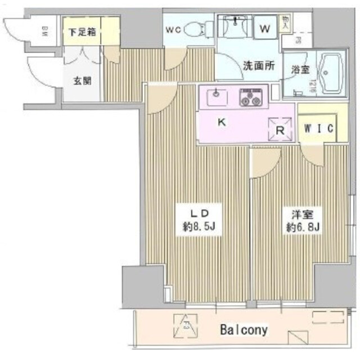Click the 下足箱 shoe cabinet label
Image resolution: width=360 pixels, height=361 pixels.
coord(82,32)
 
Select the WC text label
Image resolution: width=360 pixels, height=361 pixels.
coord(173,30)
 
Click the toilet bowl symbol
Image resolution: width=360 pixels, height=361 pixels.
coord(197,29)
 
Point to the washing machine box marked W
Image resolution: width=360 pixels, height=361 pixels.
coord(264,26)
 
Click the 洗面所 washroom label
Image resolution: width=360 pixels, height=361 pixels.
coord(259,65)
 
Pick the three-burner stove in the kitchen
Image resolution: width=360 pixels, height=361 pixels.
coord(251,97)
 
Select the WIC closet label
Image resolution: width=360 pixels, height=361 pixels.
coord(318,127)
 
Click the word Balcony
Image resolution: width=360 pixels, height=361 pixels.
coord(244,329)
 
